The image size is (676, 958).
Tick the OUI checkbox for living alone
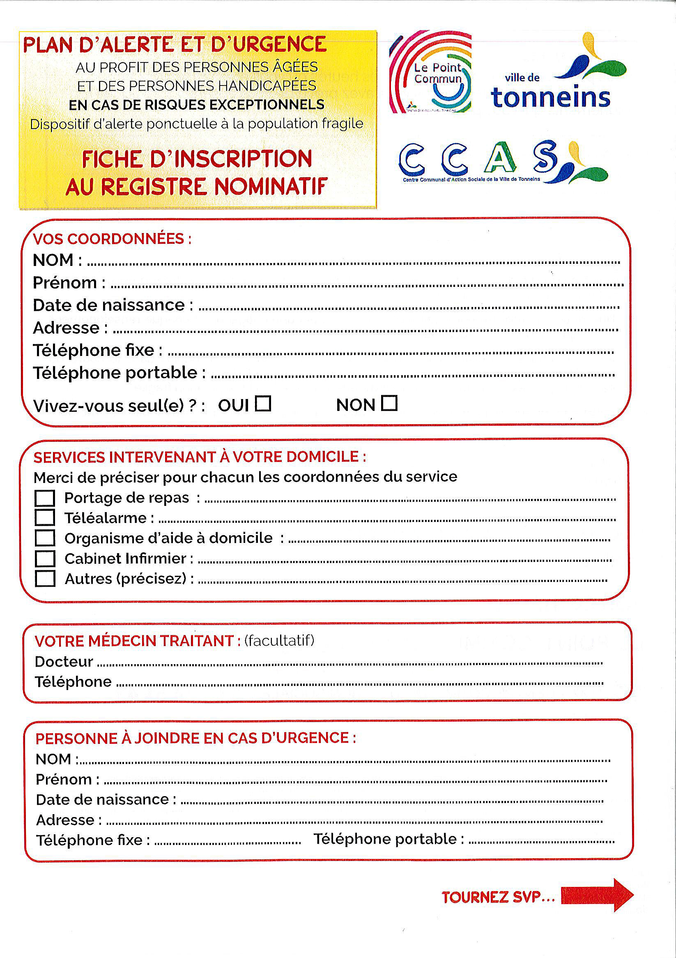pyautogui.click(x=263, y=404)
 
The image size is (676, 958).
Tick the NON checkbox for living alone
pyautogui.click(x=389, y=403)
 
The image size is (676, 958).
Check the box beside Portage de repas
pyautogui.click(x=45, y=498)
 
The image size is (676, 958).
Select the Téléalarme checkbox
pyautogui.click(x=45, y=518)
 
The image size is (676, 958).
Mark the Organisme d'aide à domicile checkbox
pyautogui.click(x=45, y=538)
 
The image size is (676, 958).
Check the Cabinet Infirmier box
pyautogui.click(x=45, y=559)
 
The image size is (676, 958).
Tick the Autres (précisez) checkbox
pyautogui.click(x=45, y=579)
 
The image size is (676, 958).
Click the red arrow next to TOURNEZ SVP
pyautogui.click(x=597, y=895)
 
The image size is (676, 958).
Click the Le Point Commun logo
pyautogui.click(x=431, y=72)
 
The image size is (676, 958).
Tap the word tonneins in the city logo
pyautogui.click(x=550, y=97)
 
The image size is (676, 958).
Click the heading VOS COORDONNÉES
pyautogui.click(x=112, y=239)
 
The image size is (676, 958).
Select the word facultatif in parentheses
pyautogui.click(x=279, y=640)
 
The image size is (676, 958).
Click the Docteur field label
pyautogui.click(x=64, y=662)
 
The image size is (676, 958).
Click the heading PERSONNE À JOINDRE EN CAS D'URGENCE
pyautogui.click(x=195, y=738)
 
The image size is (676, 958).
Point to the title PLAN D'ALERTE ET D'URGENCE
pyautogui.click(x=175, y=45)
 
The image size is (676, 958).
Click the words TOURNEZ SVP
pyautogui.click(x=498, y=897)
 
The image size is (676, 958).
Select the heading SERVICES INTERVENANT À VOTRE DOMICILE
pyautogui.click(x=200, y=457)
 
